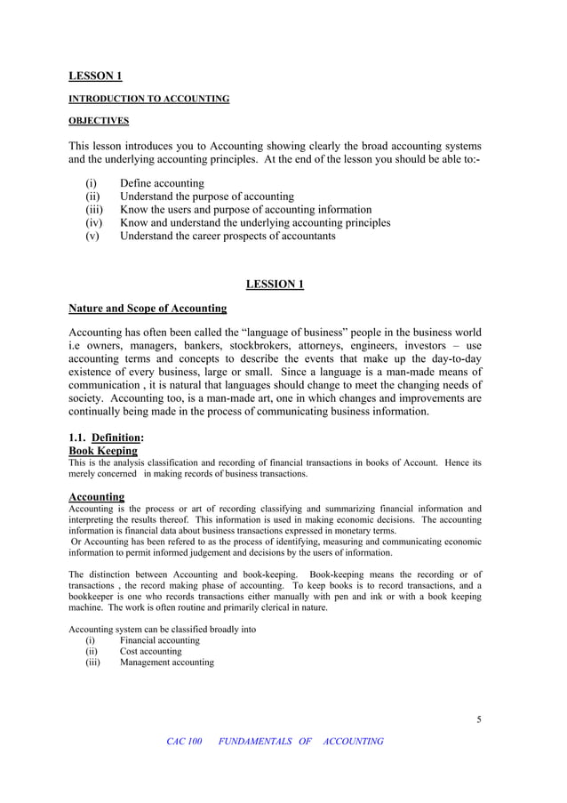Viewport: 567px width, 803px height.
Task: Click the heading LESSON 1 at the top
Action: [x=95, y=76]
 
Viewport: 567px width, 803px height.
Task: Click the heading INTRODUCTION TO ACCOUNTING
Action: [x=149, y=99]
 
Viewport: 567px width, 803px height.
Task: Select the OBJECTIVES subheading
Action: [x=99, y=121]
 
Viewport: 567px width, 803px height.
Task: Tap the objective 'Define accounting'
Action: [x=162, y=183]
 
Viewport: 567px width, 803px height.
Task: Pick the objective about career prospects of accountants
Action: [x=228, y=236]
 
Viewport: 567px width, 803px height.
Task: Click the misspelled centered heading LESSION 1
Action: [x=275, y=284]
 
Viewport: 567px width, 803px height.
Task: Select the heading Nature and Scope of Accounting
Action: [x=148, y=309]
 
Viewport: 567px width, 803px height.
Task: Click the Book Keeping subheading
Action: [x=103, y=451]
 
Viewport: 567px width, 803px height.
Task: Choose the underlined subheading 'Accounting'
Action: [x=96, y=496]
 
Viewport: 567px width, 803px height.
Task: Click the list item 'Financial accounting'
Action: [x=160, y=640]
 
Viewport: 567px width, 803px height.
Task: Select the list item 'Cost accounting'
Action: [x=150, y=651]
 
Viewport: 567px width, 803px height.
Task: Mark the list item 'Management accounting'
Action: [x=167, y=662]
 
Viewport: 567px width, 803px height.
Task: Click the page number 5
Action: [x=478, y=719]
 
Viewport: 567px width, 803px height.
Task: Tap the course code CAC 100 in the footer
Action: [x=185, y=742]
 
